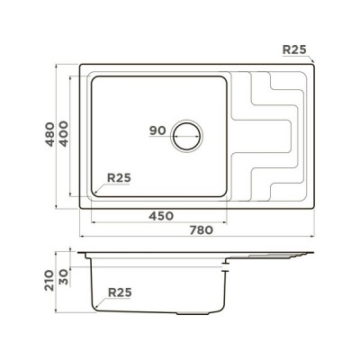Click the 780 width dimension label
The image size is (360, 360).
[202, 230]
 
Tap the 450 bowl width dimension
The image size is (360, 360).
[161, 216]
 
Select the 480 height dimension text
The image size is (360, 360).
[49, 134]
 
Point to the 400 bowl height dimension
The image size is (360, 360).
[63, 133]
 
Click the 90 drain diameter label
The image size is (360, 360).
[157, 130]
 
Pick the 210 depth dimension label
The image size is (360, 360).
[49, 281]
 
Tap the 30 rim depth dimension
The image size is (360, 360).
[63, 277]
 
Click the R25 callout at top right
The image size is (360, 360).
[294, 49]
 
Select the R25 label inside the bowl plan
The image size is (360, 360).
[119, 178]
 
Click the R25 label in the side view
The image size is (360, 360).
[120, 292]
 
